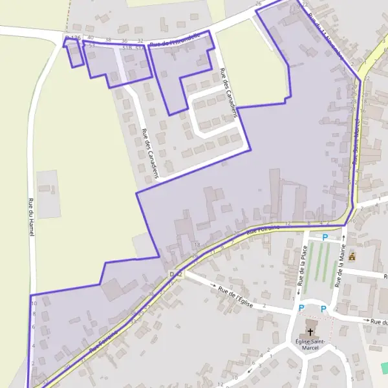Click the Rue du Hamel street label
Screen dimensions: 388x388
(x=30, y=217)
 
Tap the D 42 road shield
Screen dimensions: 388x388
(x=176, y=275)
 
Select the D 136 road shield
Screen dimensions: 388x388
(x=73, y=39)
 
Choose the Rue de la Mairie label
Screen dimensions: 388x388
(x=340, y=268)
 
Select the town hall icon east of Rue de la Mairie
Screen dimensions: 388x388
(x=352, y=257)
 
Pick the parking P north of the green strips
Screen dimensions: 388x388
(x=325, y=237)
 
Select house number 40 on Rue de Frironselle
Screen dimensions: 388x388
(x=91, y=39)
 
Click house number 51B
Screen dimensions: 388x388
(x=127, y=47)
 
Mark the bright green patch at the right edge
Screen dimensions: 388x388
(x=384, y=368)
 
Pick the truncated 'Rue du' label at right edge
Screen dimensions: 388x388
(x=379, y=321)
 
